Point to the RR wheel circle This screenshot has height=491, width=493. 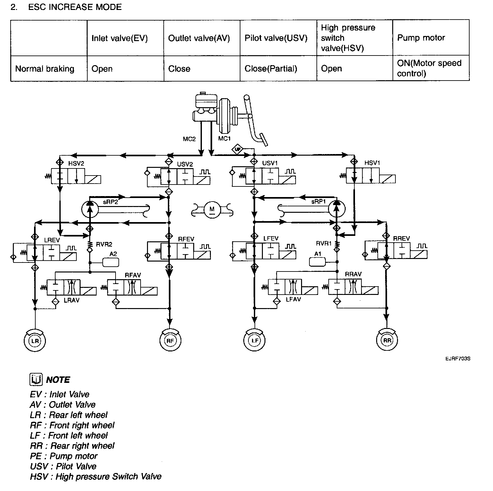387,340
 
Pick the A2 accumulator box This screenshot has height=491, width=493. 110,262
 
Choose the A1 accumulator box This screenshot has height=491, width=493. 317,262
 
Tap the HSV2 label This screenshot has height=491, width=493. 76,163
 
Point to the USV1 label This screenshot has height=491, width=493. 270,163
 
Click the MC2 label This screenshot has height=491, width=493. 189,139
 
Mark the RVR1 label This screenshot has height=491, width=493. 324,244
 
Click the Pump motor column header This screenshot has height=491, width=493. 421,38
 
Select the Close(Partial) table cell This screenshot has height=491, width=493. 271,69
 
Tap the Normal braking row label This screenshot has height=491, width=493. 45,69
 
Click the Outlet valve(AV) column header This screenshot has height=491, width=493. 199,39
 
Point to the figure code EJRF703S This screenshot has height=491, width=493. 458,358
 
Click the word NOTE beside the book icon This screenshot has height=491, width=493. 58,380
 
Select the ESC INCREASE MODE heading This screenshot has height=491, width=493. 75,7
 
